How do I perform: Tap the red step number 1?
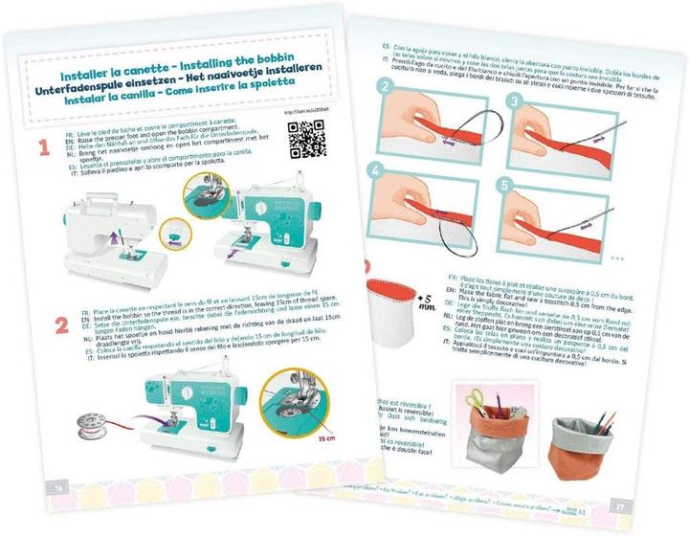click(x=41, y=148)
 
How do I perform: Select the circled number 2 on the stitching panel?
click(x=386, y=86)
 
